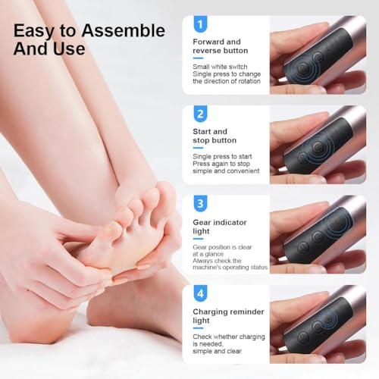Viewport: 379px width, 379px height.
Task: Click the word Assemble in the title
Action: tap(124, 31)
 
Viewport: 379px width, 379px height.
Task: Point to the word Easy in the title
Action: tap(35, 31)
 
